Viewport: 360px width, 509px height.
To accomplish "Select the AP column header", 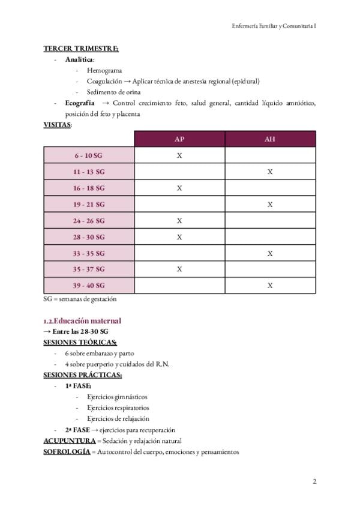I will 179,139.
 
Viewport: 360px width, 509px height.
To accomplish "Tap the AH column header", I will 270,139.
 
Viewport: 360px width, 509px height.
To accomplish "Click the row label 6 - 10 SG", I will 88,155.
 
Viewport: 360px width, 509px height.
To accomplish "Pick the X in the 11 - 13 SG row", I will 270,172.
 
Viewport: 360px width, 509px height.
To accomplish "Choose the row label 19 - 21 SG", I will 88,204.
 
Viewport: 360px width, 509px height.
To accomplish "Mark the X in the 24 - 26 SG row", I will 179,220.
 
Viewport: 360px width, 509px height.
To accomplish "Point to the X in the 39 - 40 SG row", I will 270,285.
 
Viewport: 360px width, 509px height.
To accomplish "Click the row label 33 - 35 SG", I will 88,253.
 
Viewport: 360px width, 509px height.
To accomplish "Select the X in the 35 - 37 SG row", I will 179,269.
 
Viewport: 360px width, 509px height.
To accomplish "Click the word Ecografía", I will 80,103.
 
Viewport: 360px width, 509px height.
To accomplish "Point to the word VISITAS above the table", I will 57,125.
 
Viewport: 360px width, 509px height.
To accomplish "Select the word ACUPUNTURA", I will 69,441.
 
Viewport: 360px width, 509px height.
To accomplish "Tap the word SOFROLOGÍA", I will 67,451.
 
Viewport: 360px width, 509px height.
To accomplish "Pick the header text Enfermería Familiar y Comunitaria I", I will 274,26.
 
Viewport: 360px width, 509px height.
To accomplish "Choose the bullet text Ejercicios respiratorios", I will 118,408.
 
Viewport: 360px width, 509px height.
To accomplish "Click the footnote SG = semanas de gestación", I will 80,298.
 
